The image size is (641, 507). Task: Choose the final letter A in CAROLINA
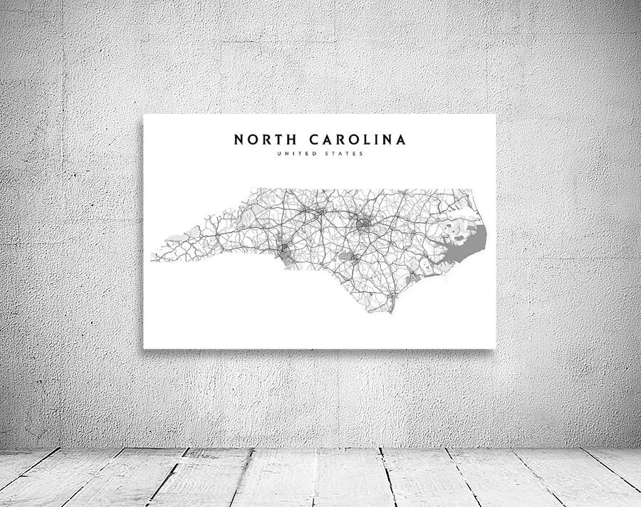point(401,139)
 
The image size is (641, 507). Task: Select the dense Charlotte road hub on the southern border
point(286,251)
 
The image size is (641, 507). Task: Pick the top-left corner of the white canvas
point(144,114)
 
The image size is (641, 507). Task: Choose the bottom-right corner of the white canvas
point(495,348)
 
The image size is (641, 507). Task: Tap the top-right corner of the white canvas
point(495,114)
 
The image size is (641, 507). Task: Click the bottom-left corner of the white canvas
point(144,348)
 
